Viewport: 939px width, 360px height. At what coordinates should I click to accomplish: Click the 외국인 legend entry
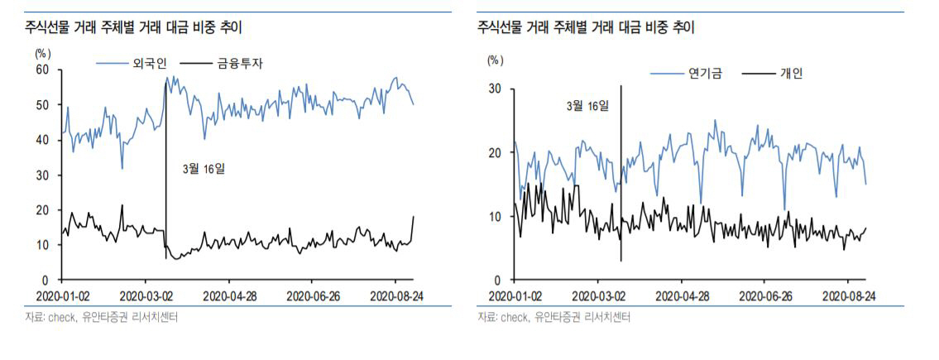(x=148, y=63)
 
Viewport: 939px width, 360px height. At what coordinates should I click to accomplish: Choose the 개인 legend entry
(x=791, y=73)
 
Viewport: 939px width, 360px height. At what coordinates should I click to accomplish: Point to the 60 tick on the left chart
(x=43, y=70)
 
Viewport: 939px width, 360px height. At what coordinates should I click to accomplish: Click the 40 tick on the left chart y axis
(x=43, y=140)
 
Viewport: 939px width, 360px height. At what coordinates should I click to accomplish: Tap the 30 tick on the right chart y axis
(x=495, y=89)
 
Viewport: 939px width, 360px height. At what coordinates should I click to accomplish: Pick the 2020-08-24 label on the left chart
(x=395, y=295)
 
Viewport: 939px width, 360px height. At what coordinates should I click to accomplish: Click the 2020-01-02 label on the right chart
(x=515, y=295)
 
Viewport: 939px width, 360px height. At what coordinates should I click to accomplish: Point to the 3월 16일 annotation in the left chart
(x=204, y=169)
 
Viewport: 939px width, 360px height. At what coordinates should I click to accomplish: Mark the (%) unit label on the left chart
(x=43, y=52)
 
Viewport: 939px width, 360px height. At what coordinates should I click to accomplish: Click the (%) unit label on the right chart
(x=495, y=60)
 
